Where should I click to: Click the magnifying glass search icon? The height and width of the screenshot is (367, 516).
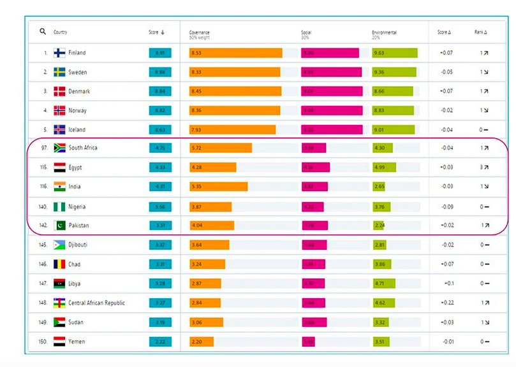tap(43, 32)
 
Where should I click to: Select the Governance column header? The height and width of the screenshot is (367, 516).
tap(199, 32)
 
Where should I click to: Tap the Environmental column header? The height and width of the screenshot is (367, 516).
tap(384, 32)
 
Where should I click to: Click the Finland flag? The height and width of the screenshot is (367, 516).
tap(59, 53)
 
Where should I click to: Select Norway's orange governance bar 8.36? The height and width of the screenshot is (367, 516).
tap(234, 111)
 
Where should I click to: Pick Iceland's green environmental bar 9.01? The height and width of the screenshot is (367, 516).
tap(394, 130)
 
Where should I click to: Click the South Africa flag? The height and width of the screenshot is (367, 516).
tap(59, 148)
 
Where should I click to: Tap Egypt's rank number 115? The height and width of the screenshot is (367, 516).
tap(43, 168)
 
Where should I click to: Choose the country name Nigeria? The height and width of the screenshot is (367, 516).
tap(77, 206)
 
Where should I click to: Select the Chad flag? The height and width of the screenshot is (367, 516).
tap(59, 264)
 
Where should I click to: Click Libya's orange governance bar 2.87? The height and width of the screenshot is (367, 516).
tap(205, 284)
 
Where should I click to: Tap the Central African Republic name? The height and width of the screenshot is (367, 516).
tap(96, 303)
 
